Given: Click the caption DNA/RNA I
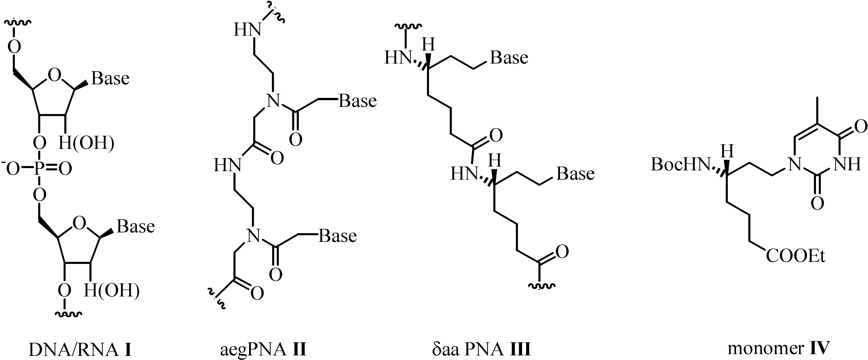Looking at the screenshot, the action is click(80, 349).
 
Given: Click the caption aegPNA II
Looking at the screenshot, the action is click(263, 349).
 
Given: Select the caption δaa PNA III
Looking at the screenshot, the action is click(481, 349).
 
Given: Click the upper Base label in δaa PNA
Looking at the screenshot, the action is click(509, 58).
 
